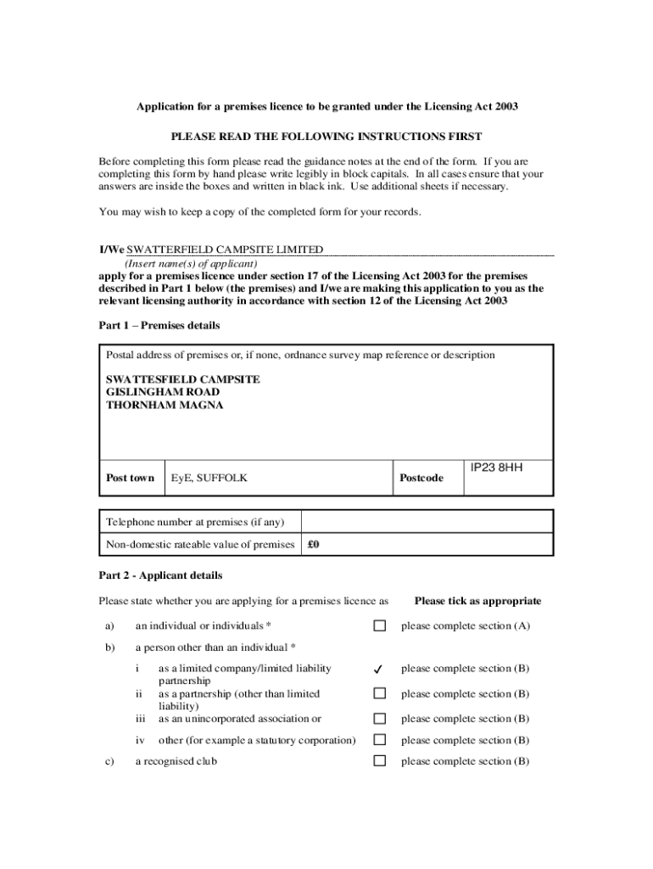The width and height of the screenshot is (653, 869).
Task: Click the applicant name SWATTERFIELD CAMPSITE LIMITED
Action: pyautogui.click(x=225, y=249)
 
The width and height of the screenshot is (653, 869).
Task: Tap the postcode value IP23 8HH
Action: pyautogui.click(x=496, y=467)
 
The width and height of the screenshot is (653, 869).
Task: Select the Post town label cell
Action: pyautogui.click(x=130, y=478)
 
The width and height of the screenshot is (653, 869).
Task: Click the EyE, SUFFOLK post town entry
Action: pyautogui.click(x=209, y=478)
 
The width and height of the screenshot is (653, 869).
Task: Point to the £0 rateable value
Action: pyautogui.click(x=313, y=545)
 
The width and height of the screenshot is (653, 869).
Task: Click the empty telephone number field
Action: pyautogui.click(x=427, y=521)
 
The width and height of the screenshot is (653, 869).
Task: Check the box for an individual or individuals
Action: pyautogui.click(x=380, y=626)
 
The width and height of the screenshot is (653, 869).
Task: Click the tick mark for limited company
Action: pyautogui.click(x=380, y=670)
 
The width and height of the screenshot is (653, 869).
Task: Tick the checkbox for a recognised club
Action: pyautogui.click(x=380, y=761)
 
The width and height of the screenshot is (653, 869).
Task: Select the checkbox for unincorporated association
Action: pyautogui.click(x=380, y=719)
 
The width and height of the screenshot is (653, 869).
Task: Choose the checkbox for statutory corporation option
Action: pyautogui.click(x=380, y=740)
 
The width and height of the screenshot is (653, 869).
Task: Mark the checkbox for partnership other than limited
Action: pyautogui.click(x=380, y=693)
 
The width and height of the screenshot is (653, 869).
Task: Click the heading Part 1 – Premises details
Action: pyautogui.click(x=159, y=326)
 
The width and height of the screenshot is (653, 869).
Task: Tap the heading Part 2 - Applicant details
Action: pyautogui.click(x=160, y=575)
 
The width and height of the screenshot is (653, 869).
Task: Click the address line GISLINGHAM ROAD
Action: pyautogui.click(x=163, y=392)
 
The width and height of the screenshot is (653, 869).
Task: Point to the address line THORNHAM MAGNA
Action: pyautogui.click(x=165, y=405)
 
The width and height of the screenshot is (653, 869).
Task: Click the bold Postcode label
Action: pyautogui.click(x=421, y=478)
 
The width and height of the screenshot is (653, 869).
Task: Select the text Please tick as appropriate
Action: pyautogui.click(x=477, y=601)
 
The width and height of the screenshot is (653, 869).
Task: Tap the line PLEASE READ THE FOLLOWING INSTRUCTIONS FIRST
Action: pyautogui.click(x=326, y=136)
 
